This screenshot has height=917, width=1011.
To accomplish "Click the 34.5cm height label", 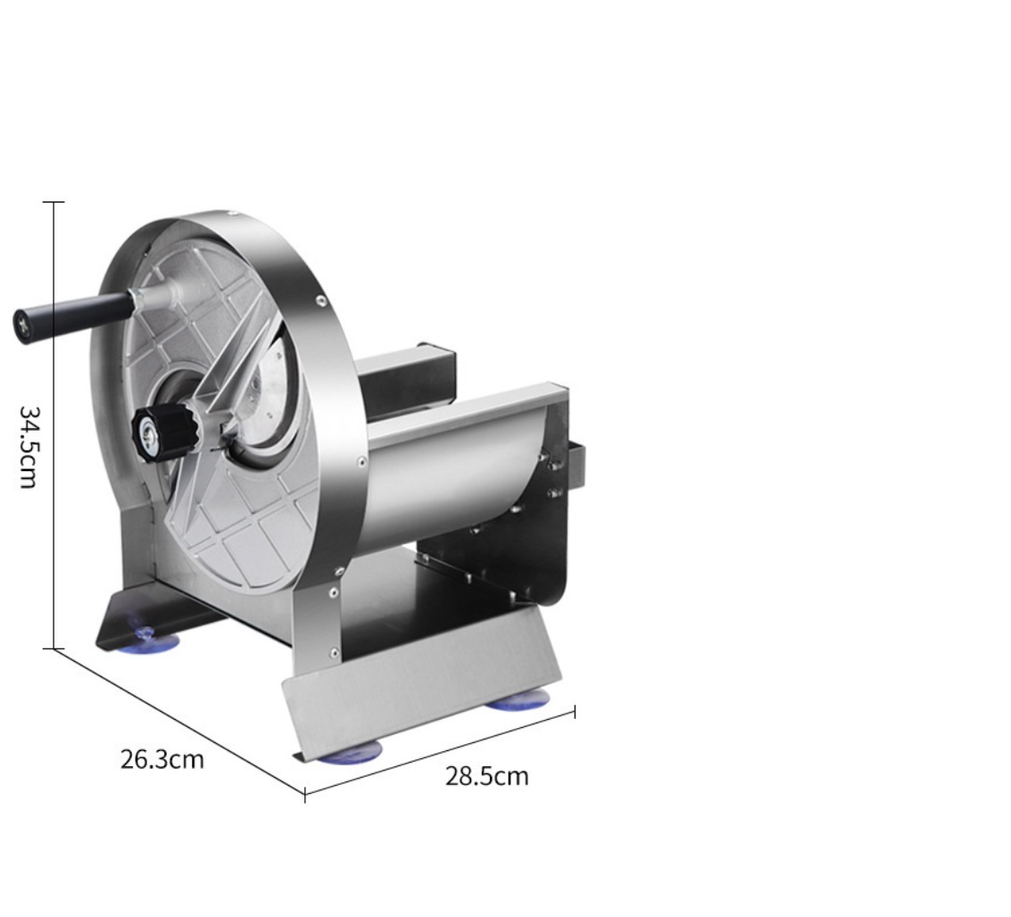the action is coord(29,447).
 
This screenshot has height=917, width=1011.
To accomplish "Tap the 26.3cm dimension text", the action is coord(162,759).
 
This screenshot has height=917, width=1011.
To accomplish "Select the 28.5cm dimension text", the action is coord(487,776).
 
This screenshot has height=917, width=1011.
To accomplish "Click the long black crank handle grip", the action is coord(72,315).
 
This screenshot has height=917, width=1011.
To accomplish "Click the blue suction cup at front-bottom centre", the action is coord(349,752).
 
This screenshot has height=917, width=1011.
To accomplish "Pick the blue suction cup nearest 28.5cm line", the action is coord(518,700).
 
